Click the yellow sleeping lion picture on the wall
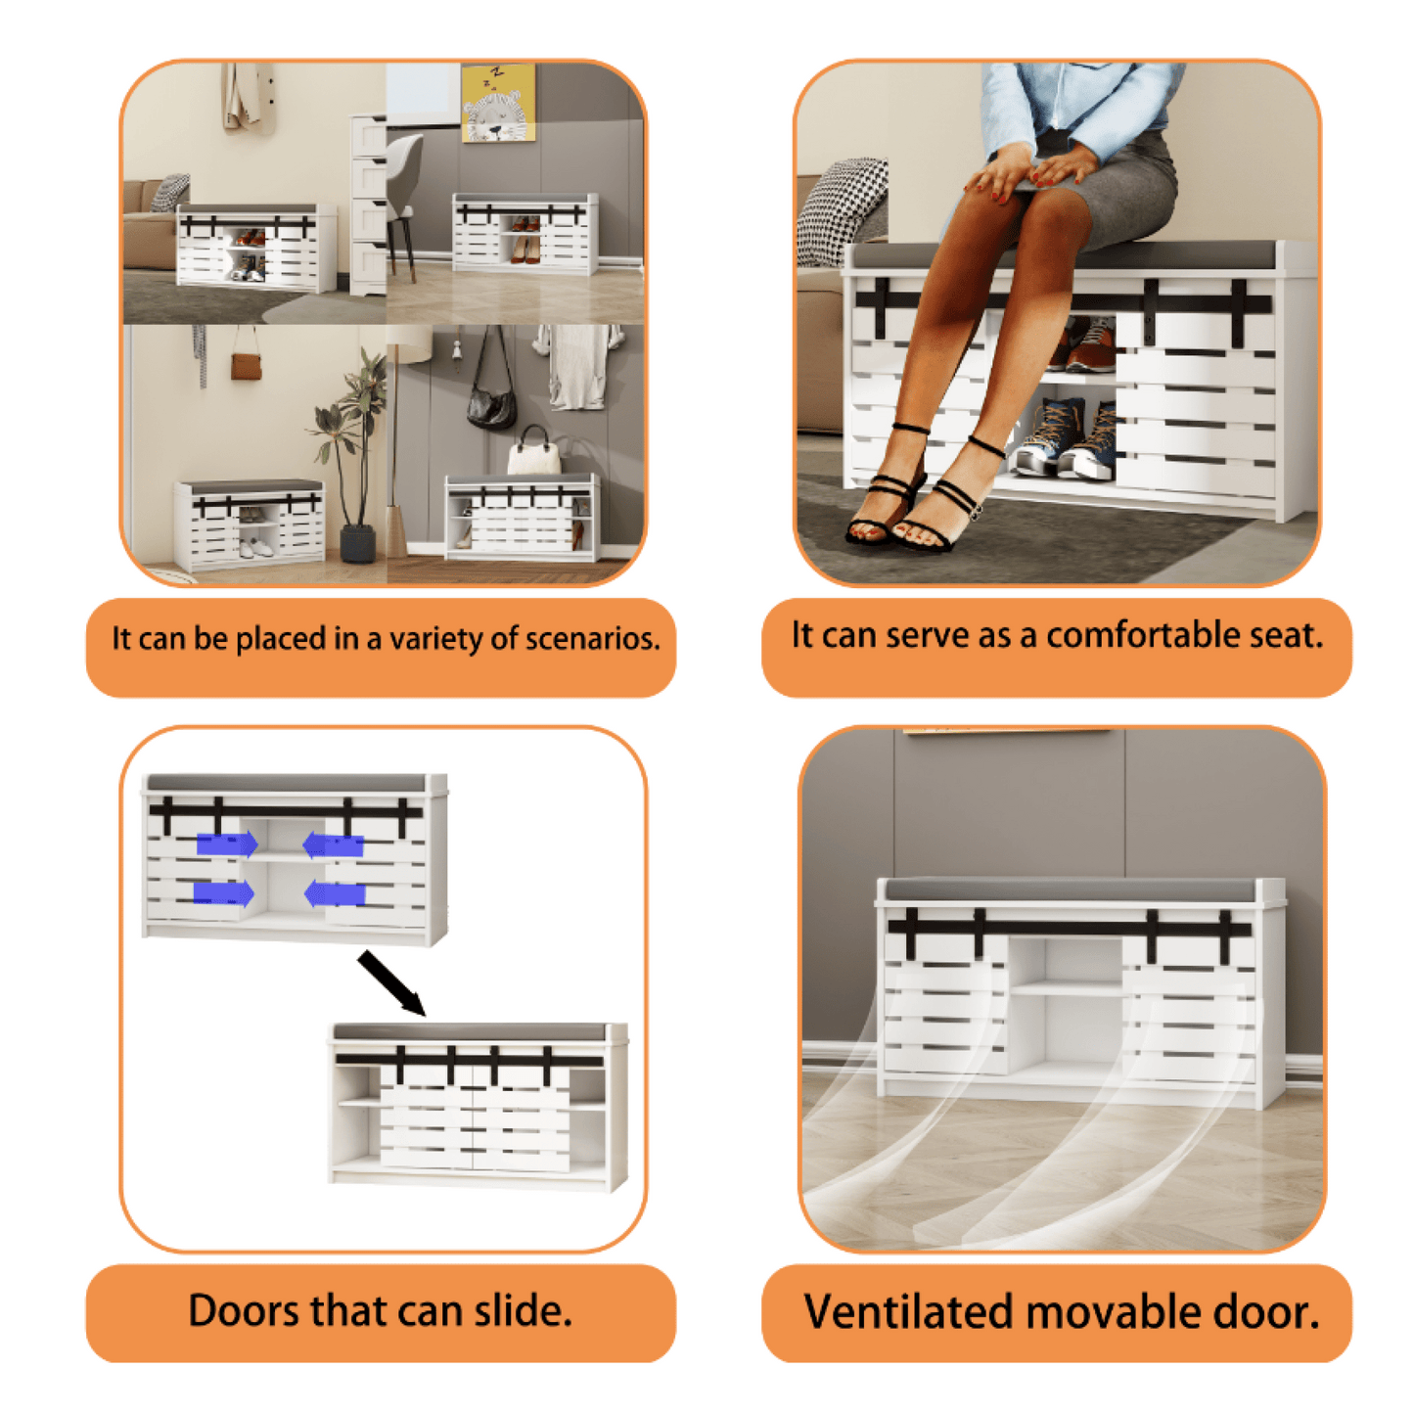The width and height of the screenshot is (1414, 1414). (498, 103)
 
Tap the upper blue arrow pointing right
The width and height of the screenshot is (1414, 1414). (227, 844)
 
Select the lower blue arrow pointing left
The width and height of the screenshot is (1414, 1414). (335, 893)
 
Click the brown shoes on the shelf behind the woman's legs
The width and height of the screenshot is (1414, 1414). (1084, 342)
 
